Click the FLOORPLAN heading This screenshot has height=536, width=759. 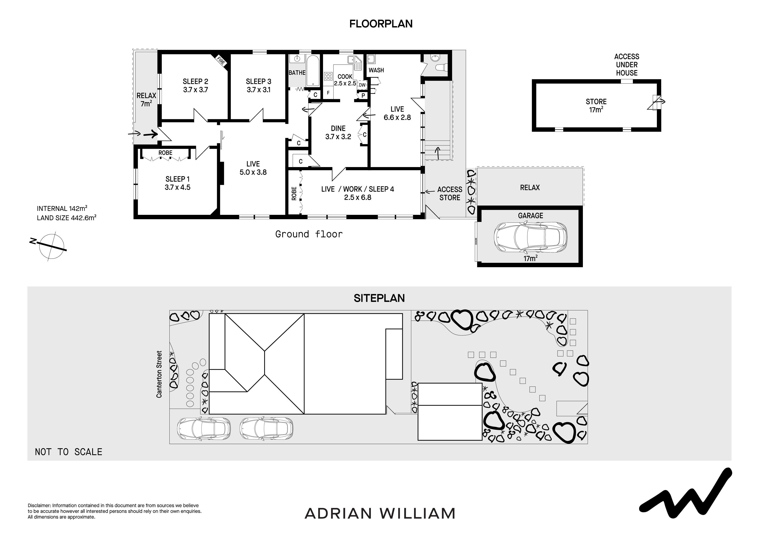coord(381,24)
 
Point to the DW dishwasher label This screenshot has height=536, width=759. coord(362,85)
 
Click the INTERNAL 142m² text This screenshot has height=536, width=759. coord(62,208)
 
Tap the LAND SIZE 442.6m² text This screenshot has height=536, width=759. coord(66,218)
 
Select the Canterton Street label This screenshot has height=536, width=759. coord(159,374)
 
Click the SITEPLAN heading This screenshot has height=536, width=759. coord(379,298)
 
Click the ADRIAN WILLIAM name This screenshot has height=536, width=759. coord(380,513)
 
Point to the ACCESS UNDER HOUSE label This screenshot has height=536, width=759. coord(626,65)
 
